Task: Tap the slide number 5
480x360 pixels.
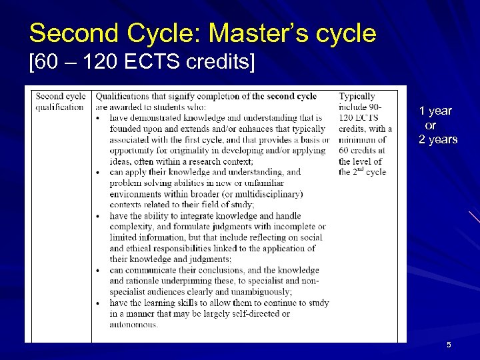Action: [449, 344]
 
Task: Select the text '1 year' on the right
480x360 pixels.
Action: [435, 111]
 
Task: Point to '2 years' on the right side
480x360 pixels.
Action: [438, 139]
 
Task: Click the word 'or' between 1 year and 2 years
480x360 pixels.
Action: [431, 125]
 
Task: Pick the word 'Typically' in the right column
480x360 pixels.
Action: [357, 97]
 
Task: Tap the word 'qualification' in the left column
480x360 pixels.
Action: [60, 107]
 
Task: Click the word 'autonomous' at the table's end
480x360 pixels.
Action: [133, 325]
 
